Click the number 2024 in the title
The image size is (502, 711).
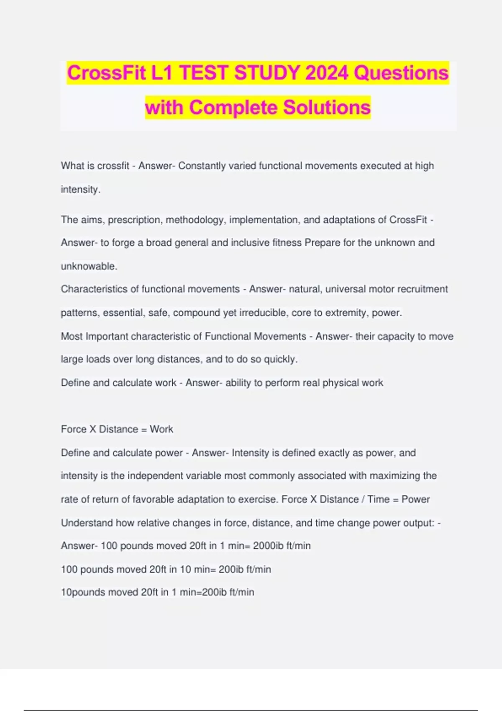pyautogui.click(x=326, y=73)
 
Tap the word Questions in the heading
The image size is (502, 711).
pyautogui.click(x=401, y=73)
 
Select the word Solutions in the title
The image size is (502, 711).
pyautogui.click(x=327, y=107)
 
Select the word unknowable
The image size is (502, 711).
pyautogui.click(x=89, y=266)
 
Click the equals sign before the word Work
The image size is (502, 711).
pyautogui.click(x=144, y=430)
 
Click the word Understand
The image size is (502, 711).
pyautogui.click(x=87, y=523)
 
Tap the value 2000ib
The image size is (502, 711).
pyautogui.click(x=268, y=546)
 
